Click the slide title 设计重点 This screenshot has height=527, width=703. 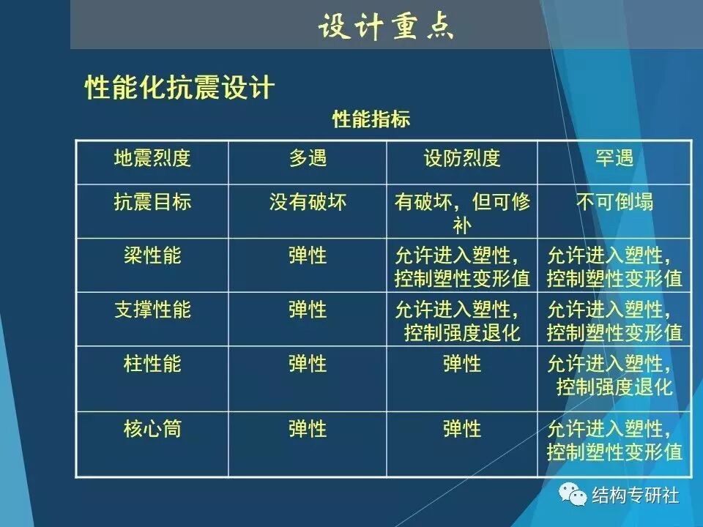[x=386, y=27]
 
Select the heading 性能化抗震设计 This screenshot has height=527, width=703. [x=179, y=88]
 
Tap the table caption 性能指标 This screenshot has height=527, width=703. [x=371, y=119]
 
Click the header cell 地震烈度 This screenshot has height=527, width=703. [x=152, y=158]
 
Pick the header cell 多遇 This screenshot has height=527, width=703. [x=308, y=158]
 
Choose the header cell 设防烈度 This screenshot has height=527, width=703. [x=462, y=158]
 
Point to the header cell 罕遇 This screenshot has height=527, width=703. [x=614, y=158]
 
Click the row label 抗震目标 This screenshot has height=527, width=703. [x=152, y=202]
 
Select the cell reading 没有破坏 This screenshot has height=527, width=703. [x=308, y=202]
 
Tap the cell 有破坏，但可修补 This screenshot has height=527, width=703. [x=462, y=212]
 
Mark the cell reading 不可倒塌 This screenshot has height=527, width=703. [x=614, y=202]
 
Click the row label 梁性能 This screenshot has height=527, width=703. [x=152, y=255]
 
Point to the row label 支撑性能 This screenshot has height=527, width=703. [x=152, y=310]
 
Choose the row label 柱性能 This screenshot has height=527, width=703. [x=152, y=363]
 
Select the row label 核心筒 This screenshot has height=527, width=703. [x=152, y=428]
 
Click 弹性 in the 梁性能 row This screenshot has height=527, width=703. [x=308, y=255]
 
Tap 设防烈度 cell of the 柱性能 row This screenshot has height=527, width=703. [x=462, y=363]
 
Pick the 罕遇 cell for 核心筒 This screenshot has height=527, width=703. [x=614, y=439]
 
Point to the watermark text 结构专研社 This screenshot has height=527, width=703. [x=635, y=496]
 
